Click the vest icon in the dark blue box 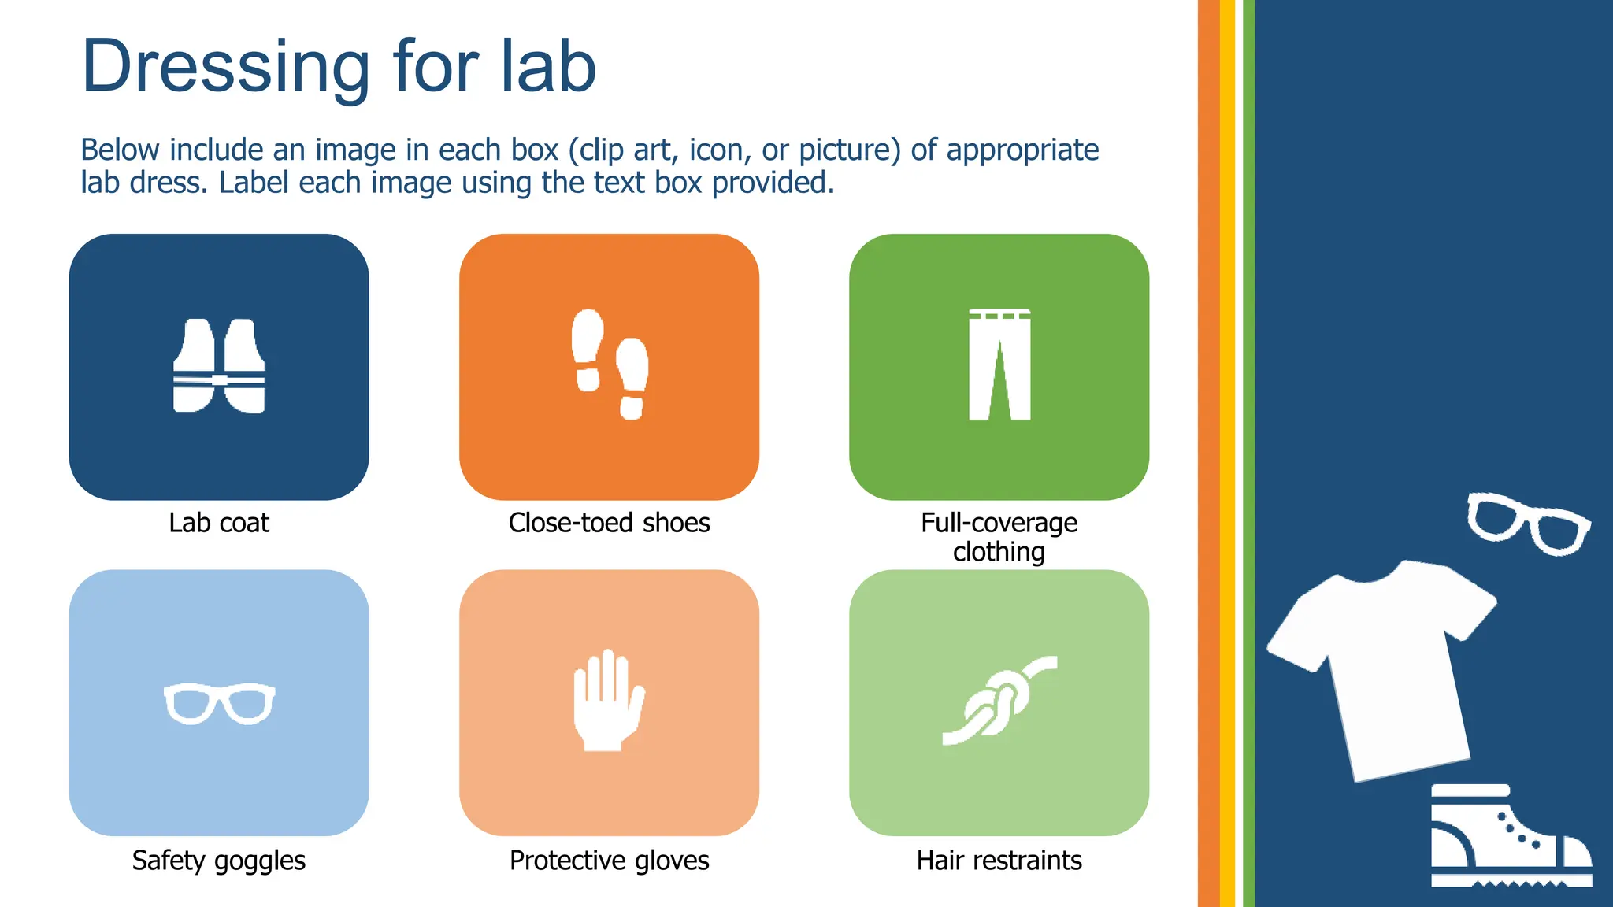219,366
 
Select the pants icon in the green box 999,365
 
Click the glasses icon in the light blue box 219,703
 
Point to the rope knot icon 999,700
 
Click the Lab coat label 219,523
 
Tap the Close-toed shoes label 609,523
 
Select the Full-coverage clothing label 999,537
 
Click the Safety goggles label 219,860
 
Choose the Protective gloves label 609,860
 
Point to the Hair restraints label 999,860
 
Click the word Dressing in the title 225,68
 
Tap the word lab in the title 548,66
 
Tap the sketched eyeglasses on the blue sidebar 1528,524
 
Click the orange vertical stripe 1208,453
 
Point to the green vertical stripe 1248,453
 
